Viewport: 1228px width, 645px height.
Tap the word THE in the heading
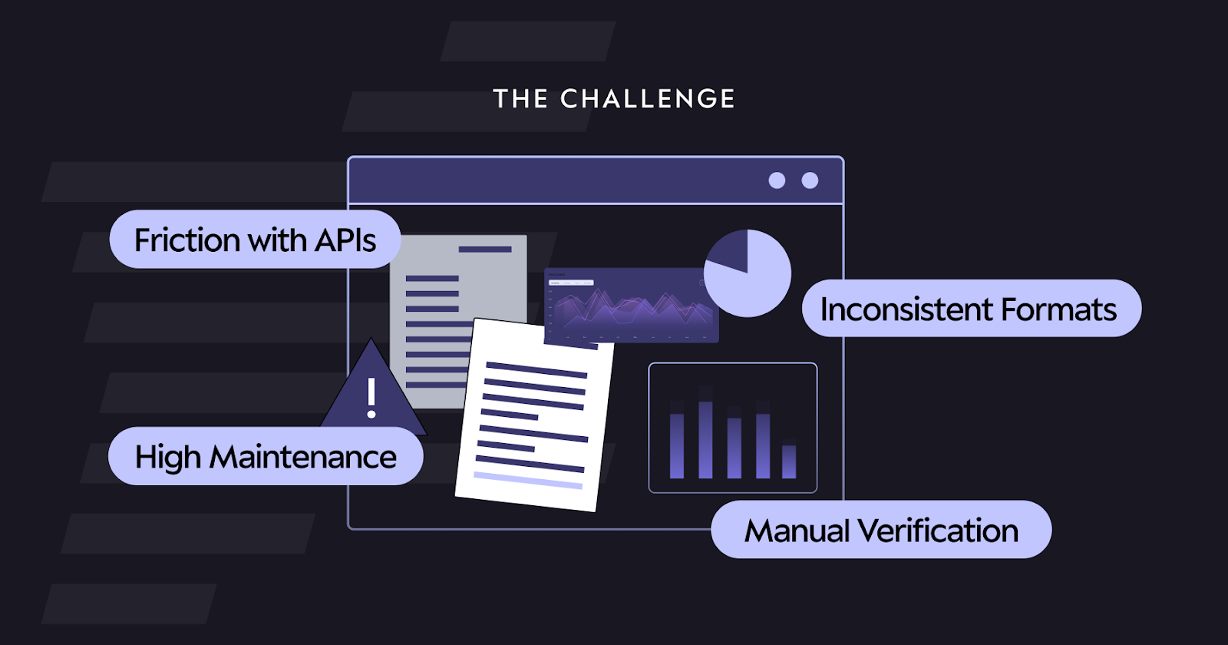pos(520,99)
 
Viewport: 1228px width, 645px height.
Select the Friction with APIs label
pos(255,240)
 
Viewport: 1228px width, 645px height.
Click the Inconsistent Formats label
pos(971,309)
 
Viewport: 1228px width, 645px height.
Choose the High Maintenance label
pos(266,457)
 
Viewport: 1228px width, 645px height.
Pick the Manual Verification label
pos(881,530)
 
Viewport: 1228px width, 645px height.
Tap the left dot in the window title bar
pos(777,180)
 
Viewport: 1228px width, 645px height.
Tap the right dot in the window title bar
pos(810,180)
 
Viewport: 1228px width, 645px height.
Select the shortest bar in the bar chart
pos(789,461)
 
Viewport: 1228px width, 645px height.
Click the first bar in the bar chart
pos(677,445)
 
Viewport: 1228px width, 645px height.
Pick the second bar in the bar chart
pos(705,439)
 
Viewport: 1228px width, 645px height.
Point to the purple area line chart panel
pos(631,306)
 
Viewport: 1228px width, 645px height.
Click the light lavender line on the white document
pos(528,481)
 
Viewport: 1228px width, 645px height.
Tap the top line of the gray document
pos(485,250)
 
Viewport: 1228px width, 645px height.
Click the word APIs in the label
pos(345,240)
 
